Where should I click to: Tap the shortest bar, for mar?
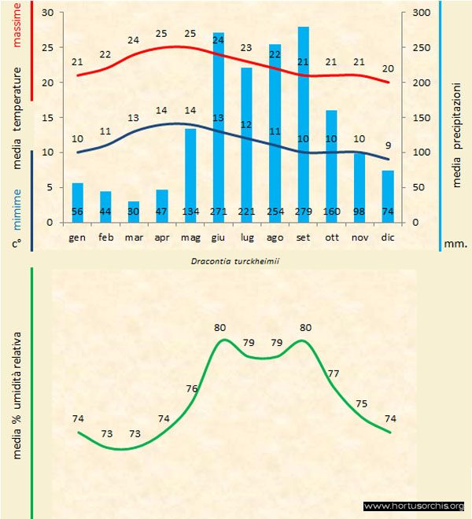[134, 212]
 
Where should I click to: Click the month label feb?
[105, 236]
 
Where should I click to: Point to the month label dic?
[388, 236]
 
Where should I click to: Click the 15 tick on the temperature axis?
[47, 118]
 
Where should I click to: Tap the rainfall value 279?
[303, 212]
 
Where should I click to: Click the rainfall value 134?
[190, 212]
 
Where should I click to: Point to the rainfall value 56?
[77, 212]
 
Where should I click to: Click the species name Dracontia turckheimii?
[235, 260]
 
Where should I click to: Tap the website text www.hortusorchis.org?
[414, 506]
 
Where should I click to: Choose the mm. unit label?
[455, 244]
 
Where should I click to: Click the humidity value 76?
[191, 388]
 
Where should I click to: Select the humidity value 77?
[333, 374]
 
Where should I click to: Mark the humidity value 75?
[361, 403]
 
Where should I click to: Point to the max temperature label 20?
[388, 68]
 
